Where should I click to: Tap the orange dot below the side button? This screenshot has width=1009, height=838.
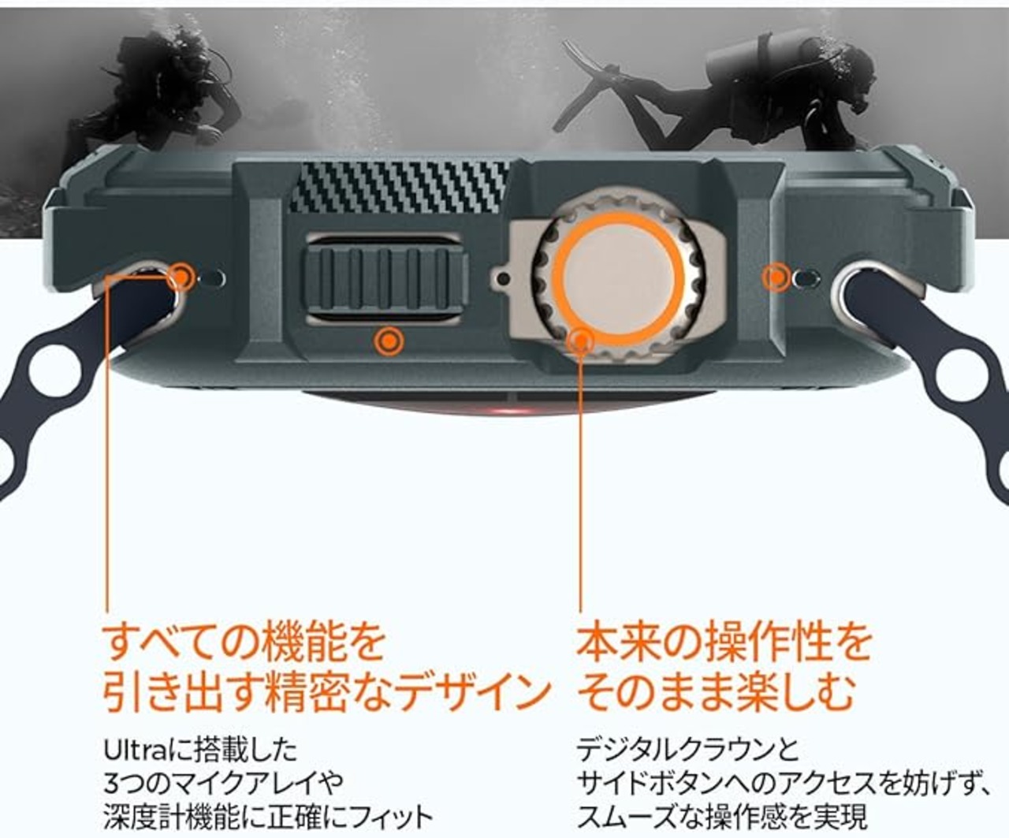(x=389, y=341)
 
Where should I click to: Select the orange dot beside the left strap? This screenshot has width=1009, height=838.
(x=181, y=277)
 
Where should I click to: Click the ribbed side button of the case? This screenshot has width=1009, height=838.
(x=386, y=279)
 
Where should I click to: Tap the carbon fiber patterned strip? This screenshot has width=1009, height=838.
(x=399, y=188)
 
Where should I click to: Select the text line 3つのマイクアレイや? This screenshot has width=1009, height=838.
(x=224, y=784)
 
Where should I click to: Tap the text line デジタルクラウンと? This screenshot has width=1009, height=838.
(x=688, y=750)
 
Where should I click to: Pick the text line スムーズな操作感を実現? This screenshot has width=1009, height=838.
(x=722, y=818)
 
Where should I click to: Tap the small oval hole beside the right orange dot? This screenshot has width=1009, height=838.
(x=806, y=277)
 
